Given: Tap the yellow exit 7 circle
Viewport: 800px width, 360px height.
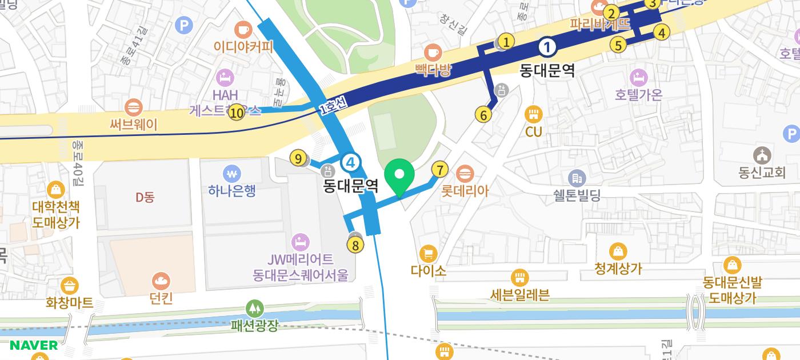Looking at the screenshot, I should tap(439, 170).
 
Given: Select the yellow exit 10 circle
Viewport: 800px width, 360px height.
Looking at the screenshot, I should tap(236, 113).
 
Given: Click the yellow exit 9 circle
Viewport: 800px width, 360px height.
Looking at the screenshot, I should tap(298, 158).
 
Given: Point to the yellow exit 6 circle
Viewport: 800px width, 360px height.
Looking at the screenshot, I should tap(483, 115).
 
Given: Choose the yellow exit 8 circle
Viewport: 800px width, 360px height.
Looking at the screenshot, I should tap(355, 245).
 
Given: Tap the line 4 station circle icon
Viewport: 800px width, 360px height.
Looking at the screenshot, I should tap(350, 163).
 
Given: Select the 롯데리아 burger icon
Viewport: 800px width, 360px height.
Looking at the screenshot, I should tap(465, 172).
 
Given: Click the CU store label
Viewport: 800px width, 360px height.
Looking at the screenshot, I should tap(533, 132).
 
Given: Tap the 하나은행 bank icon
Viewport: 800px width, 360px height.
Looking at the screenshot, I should tap(231, 173).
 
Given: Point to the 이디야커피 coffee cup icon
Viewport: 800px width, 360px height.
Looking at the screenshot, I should tap(243, 28).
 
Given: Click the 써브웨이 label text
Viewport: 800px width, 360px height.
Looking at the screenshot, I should tap(134, 124).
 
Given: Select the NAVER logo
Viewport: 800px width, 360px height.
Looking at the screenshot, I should tap(34, 345).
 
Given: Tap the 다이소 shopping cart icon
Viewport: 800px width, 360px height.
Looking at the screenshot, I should tap(428, 253).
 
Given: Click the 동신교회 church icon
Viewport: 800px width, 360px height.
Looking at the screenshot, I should tap(762, 155).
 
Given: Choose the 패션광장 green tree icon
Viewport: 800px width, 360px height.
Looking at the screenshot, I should tap(254, 309).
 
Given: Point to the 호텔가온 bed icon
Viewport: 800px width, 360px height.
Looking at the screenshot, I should tap(638, 77).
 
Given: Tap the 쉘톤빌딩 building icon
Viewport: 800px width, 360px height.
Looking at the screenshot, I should tap(577, 178).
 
